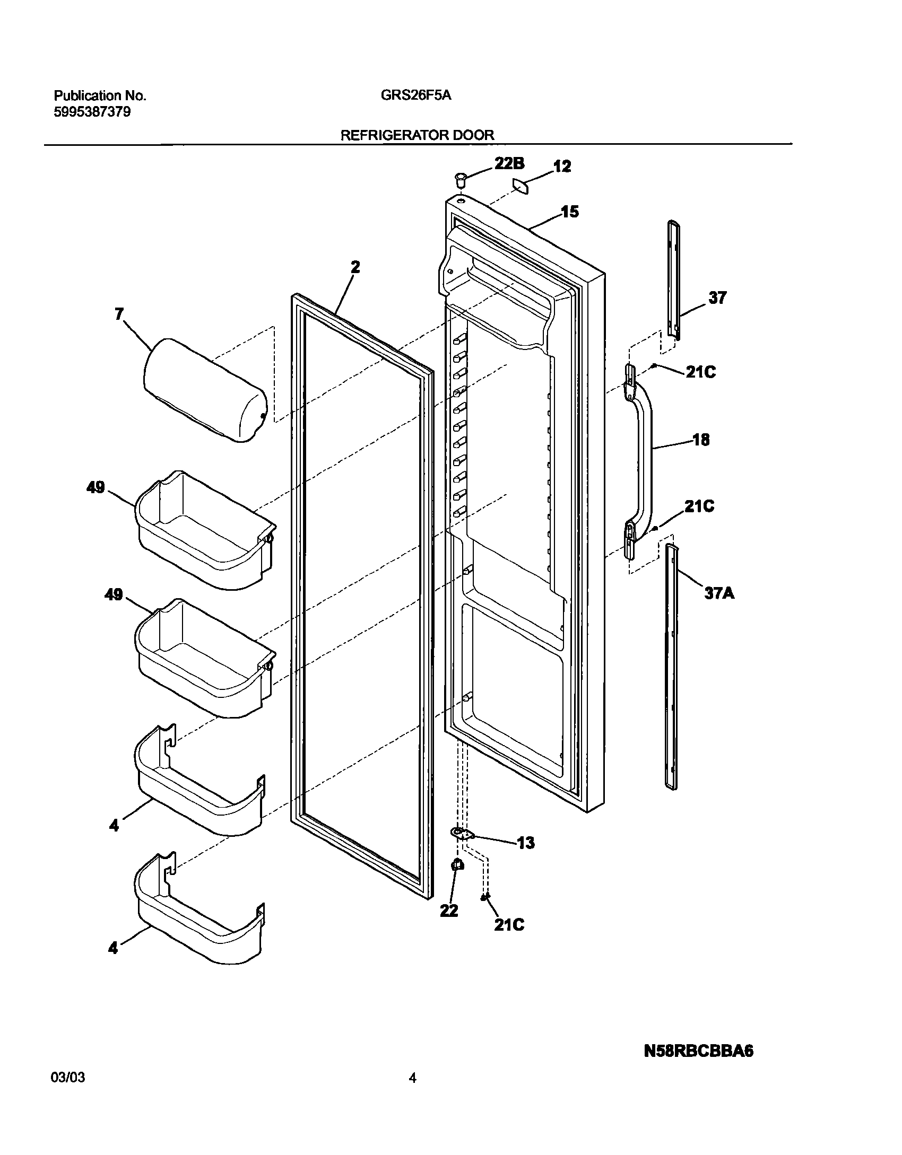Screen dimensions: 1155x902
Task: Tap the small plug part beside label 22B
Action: pos(460,179)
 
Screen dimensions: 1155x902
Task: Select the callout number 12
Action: pos(562,167)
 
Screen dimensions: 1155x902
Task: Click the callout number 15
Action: pos(570,212)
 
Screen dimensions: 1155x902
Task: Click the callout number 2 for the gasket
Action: pos(355,267)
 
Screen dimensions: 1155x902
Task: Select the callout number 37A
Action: pos(719,593)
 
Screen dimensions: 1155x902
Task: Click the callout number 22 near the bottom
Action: pos(449,911)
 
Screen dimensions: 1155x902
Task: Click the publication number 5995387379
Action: pos(92,112)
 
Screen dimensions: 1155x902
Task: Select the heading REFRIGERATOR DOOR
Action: pos(417,135)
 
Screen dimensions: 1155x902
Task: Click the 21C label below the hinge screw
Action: pos(509,924)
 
